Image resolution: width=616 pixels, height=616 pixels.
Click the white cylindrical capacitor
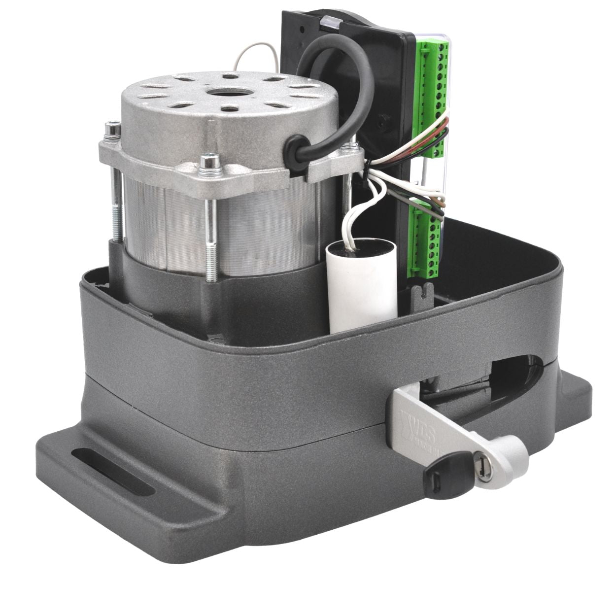coord(362,286)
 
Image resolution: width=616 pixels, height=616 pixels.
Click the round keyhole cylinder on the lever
coord(481,465)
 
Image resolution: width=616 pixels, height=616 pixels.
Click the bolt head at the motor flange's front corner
coord(211,161)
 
